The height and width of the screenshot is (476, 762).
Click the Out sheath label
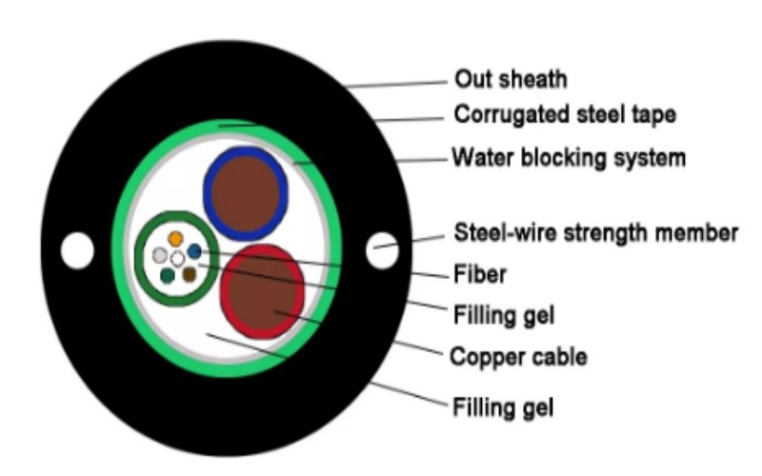tap(511, 79)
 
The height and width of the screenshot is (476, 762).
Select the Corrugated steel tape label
tap(565, 115)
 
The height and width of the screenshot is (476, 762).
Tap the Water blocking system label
tap(569, 158)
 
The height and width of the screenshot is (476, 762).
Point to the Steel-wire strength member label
tap(596, 232)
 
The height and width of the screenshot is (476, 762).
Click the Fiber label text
tap(480, 274)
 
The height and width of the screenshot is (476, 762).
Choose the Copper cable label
tap(518, 357)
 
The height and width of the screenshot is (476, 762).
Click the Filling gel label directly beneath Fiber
tap(504, 315)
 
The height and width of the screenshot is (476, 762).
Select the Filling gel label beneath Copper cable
tap(503, 407)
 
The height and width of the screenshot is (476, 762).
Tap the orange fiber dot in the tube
tap(175, 239)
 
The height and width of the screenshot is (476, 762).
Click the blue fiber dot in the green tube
tap(194, 251)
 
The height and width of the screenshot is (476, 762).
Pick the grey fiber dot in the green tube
tap(160, 255)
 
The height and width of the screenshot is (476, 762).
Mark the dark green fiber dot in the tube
tap(168, 275)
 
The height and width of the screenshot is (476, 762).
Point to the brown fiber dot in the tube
tap(189, 275)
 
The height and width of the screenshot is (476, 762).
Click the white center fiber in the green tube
tap(178, 258)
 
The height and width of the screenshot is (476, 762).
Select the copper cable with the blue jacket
tap(246, 193)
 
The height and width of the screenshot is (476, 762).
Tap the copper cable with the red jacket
tap(263, 291)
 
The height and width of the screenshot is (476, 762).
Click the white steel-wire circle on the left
tap(77, 250)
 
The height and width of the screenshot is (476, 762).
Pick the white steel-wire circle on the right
tap(382, 250)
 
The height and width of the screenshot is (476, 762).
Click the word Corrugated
tap(511, 115)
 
